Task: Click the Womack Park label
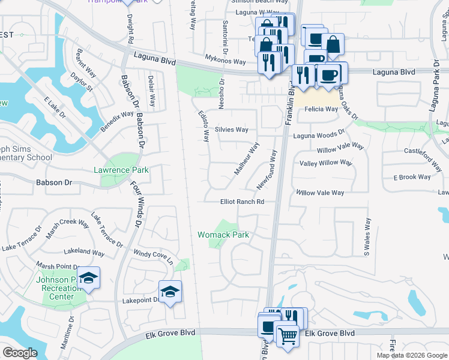point(223,235)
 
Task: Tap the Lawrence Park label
point(121,170)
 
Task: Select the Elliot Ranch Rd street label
point(243,202)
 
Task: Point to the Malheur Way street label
point(246,160)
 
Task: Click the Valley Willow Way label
point(325,163)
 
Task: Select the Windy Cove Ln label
point(153,257)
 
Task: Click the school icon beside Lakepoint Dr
point(170,292)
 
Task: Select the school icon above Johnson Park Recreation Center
point(88,277)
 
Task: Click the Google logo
point(20,353)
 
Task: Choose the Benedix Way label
point(116,121)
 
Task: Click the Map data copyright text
point(411,355)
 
